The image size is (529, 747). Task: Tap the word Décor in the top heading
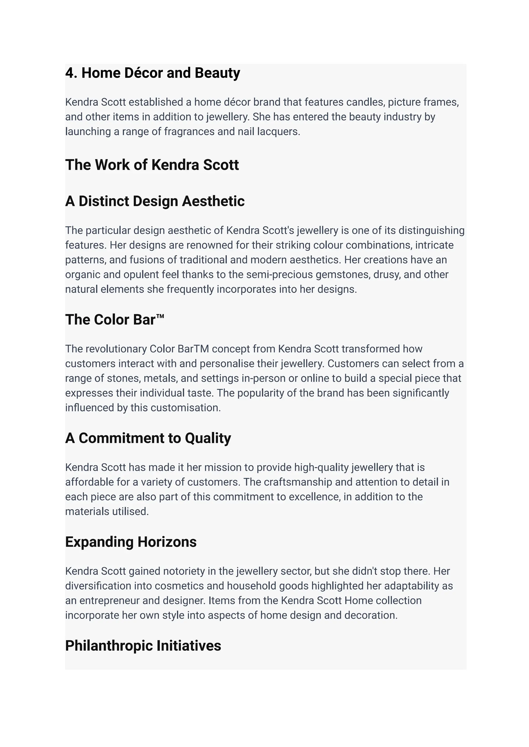click(x=143, y=73)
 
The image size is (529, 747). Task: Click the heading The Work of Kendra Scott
click(x=152, y=165)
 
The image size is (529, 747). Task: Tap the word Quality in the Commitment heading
click(x=208, y=438)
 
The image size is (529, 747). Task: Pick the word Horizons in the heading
click(x=167, y=542)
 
